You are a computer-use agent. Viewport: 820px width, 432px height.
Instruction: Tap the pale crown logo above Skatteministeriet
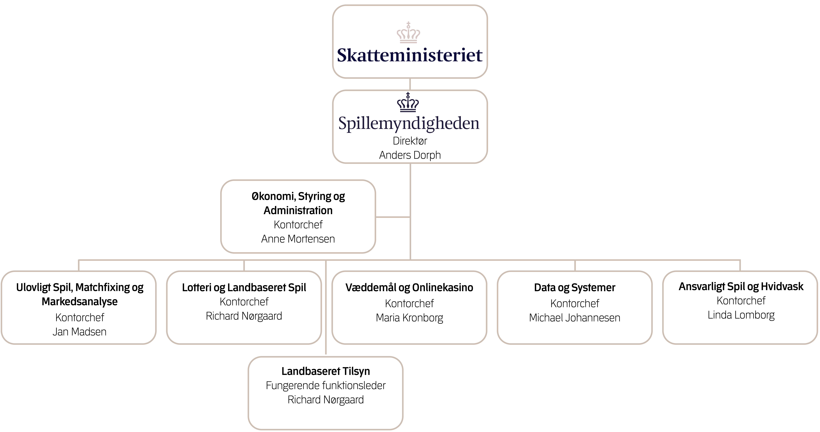click(x=408, y=33)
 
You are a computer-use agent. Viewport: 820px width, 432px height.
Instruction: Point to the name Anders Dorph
click(x=410, y=155)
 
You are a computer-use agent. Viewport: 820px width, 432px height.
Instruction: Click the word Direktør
click(x=410, y=141)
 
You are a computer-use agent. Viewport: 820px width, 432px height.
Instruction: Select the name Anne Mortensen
click(x=298, y=239)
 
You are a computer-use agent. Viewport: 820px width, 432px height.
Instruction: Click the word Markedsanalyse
click(x=80, y=302)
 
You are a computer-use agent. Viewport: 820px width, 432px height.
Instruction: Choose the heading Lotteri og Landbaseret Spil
click(x=244, y=288)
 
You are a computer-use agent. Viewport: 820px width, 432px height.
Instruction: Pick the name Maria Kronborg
click(x=409, y=318)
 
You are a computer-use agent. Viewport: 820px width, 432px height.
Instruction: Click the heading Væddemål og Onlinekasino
click(x=409, y=288)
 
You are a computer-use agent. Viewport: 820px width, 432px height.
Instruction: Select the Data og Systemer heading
click(x=575, y=288)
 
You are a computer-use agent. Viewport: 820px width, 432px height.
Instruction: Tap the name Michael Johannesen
click(x=575, y=318)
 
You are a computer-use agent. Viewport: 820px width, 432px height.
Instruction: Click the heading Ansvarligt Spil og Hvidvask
click(x=741, y=287)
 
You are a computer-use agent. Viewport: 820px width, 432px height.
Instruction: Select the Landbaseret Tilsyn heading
click(x=326, y=371)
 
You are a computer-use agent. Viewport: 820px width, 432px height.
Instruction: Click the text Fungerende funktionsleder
click(x=326, y=386)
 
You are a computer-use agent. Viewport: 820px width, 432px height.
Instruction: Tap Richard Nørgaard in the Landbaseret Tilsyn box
click(x=326, y=400)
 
